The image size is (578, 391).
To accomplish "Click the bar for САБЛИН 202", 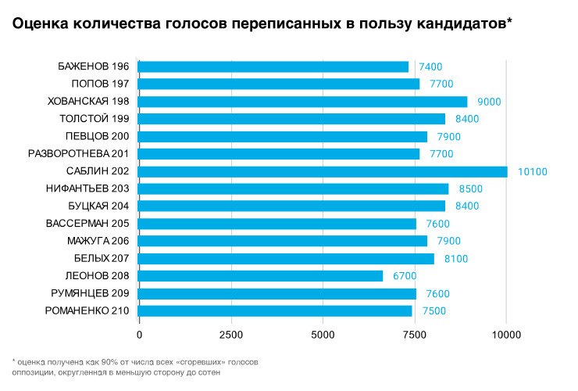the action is point(323,172).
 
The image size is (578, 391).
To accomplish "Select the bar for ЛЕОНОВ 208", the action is point(260,276).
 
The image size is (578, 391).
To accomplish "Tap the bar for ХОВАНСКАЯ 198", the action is point(302,102).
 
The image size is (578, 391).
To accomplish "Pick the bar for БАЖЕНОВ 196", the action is point(273,66).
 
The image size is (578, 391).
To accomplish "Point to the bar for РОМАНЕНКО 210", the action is point(275,311).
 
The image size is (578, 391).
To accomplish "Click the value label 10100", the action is point(532,172).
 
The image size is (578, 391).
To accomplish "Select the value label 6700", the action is point(405,276).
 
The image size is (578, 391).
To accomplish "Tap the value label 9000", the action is point(489,102).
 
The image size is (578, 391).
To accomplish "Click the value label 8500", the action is point(471,189).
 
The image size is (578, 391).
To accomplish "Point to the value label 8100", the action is point(456,259).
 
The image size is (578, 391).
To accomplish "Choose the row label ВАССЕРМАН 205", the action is point(87,224).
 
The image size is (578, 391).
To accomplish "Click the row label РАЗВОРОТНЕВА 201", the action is point(79,153).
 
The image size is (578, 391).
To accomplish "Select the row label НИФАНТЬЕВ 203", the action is point(87,188).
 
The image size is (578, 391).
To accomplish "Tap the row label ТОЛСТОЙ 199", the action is point(95,119).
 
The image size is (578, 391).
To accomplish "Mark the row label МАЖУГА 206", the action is point(98,241).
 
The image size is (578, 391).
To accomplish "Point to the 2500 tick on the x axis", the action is point(231,335).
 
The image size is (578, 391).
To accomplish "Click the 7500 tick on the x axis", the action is point(415,335).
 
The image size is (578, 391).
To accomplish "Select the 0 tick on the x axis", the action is point(139,335).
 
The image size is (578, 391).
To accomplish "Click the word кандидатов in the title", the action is point(465,24).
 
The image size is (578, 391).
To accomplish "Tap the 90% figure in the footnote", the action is point(110,362).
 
